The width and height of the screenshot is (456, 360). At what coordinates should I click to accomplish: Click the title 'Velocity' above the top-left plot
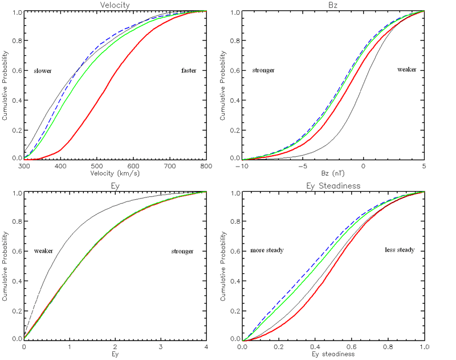115,5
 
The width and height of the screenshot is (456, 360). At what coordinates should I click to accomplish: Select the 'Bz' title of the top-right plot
333,5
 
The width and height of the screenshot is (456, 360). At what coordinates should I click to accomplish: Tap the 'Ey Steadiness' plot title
333,187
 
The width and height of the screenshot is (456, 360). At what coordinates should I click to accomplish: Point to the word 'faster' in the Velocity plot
189,71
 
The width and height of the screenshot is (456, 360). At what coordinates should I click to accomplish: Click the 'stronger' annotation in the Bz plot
263,71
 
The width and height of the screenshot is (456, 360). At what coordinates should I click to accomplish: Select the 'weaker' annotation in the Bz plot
407,70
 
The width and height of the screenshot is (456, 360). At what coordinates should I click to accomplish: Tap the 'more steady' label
267,251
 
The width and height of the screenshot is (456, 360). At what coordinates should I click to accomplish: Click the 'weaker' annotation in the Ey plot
43,251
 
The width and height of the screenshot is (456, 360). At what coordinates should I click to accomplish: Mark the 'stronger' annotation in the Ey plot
182,251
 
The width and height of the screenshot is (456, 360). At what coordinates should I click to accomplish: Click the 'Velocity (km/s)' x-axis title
115,172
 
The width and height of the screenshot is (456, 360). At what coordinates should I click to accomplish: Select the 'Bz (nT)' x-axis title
333,172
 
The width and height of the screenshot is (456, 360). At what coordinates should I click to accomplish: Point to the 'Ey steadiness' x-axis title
333,354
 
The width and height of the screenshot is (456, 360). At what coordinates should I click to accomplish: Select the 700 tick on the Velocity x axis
170,165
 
